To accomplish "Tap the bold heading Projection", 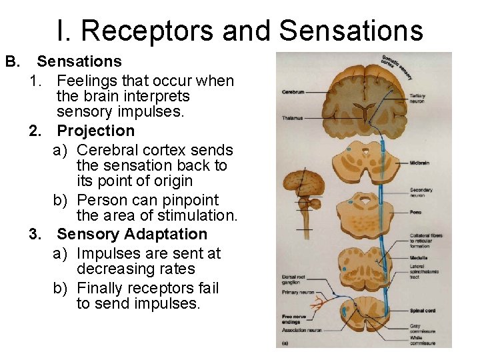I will [95, 131].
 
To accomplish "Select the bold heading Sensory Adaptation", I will [132, 234].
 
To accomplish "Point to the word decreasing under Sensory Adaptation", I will [111, 269].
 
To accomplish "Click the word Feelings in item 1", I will [85, 81].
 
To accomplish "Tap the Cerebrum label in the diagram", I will [293, 91].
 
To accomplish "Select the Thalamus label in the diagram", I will [292, 118].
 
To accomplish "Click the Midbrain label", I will [419, 162].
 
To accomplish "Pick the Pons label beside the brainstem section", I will [415, 212].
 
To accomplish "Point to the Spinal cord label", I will [422, 311].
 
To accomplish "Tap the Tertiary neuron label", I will [418, 99].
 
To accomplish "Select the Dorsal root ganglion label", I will [295, 279].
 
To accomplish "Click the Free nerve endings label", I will [293, 319].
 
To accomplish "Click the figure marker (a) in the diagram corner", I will [285, 343].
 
